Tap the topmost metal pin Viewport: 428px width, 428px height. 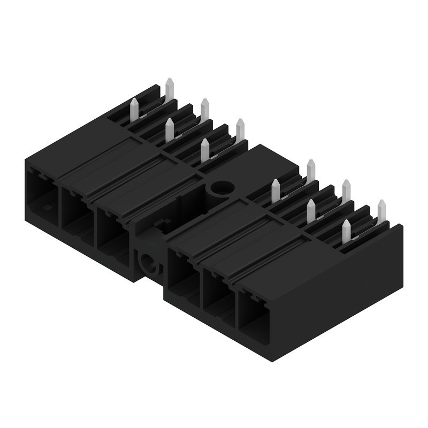[x=170, y=89]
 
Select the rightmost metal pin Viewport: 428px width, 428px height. [x=381, y=211]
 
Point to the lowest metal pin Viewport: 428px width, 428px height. [x=346, y=231]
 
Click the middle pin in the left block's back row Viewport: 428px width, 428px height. [x=205, y=109]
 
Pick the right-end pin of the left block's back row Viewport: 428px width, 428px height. [x=240, y=129]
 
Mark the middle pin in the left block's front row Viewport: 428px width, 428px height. [x=170, y=129]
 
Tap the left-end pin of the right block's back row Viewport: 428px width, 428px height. [x=311, y=170]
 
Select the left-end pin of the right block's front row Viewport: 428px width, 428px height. [x=276, y=190]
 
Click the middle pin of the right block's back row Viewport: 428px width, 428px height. [x=346, y=190]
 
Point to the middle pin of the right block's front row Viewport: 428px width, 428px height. [x=311, y=211]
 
